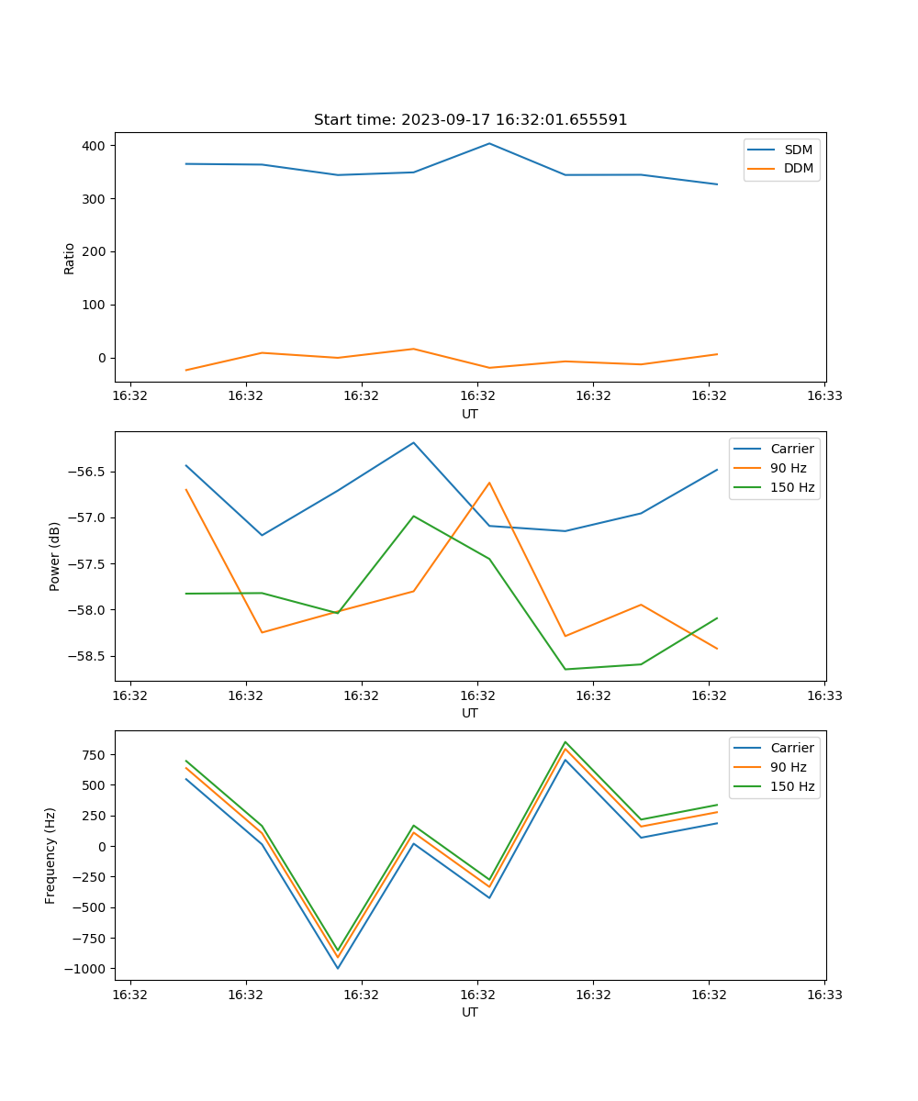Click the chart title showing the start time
tap(470, 120)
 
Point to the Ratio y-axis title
tap(70, 259)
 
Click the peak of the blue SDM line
tap(489, 143)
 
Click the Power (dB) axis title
tap(55, 556)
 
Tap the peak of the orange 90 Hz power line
tap(489, 483)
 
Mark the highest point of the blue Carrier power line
tap(413, 442)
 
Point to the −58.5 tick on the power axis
tap(88, 656)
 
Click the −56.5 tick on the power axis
tap(88, 472)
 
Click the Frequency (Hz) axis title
tap(51, 855)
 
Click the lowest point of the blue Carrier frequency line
tap(338, 968)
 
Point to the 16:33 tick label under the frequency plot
tap(823, 995)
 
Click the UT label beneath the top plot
tap(470, 414)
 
